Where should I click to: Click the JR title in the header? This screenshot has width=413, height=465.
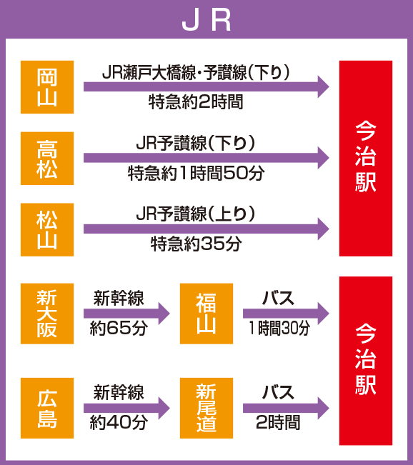[x=206, y=21]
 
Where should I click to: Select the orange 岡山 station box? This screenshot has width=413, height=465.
[x=47, y=87]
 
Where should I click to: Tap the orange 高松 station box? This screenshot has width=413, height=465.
[x=47, y=159]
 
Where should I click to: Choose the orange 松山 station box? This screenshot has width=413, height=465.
[x=47, y=229]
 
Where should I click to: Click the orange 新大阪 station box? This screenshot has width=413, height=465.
[x=47, y=314]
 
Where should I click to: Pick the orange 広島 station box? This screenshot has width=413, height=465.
[x=47, y=408]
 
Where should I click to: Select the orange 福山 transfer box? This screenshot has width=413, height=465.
[x=206, y=314]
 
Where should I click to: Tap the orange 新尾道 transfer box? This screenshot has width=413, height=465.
[x=206, y=408]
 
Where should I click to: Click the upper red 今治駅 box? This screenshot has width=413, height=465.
[x=366, y=159]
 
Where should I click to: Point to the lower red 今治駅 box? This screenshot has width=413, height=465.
[x=366, y=361]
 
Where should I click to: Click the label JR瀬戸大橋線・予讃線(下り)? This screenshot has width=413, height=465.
[x=196, y=72]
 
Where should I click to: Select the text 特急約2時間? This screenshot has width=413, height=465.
[x=196, y=101]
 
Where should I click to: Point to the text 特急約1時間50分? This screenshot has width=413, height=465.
[x=196, y=173]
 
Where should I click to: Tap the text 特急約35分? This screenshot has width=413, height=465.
[x=196, y=244]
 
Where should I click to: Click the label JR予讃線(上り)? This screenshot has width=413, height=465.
[x=196, y=214]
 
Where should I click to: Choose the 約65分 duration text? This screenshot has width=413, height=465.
[x=119, y=328]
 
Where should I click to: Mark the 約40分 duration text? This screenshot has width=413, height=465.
[x=119, y=422]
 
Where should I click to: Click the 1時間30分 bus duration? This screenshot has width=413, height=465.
[x=279, y=328]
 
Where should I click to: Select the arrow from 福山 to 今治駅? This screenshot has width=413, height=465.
[x=286, y=314]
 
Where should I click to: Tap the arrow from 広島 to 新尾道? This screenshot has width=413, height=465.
[x=126, y=408]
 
